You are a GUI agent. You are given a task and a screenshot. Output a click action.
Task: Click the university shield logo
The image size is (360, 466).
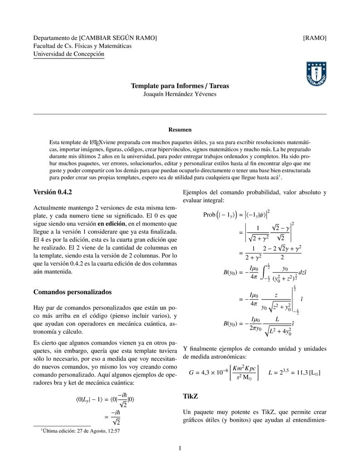(316, 74)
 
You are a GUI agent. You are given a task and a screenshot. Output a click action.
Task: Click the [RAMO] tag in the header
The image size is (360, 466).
(315, 38)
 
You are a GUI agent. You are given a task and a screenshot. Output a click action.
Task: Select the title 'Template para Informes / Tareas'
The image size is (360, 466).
(180, 86)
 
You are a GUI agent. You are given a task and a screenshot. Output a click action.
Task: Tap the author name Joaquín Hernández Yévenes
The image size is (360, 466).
(180, 94)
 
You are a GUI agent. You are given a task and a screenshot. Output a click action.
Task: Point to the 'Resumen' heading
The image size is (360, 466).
(180, 130)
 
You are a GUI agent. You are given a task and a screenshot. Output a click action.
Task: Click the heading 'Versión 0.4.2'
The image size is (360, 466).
(53, 192)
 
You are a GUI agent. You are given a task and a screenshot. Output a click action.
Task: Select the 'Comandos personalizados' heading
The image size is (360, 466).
(73, 292)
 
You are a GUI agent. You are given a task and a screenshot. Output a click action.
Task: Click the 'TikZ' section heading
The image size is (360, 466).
(190, 396)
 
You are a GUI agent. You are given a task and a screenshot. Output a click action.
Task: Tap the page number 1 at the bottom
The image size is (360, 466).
(180, 449)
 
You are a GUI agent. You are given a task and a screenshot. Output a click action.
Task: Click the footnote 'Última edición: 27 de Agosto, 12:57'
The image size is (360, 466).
(80, 431)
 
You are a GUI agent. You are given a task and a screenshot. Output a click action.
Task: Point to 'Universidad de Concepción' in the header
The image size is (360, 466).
(69, 54)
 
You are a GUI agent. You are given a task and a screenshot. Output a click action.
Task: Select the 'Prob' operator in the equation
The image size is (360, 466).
(209, 215)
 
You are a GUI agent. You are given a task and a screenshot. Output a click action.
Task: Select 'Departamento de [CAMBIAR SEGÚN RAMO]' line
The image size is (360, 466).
(95, 38)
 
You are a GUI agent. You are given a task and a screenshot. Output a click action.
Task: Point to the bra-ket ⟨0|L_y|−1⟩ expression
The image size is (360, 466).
(91, 399)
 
